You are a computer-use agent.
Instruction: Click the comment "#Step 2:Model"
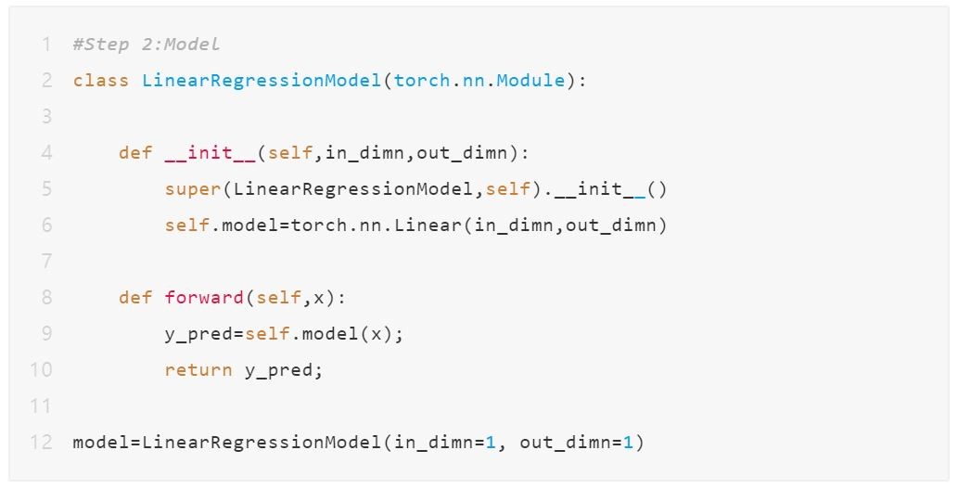[146, 45]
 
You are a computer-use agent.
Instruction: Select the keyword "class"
[101, 81]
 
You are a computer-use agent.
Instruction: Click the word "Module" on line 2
[530, 81]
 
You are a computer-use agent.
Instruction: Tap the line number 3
[47, 117]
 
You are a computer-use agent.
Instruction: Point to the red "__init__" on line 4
[211, 153]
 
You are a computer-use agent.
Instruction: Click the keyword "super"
[193, 189]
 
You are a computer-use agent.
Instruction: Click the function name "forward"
[204, 298]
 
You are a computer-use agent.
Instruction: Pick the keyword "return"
[198, 370]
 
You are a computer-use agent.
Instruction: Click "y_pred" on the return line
[279, 371]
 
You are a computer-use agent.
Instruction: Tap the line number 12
[42, 443]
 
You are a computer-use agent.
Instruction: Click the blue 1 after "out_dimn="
[628, 443]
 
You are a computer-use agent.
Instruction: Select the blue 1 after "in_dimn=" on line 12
[491, 443]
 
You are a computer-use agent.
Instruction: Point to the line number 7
[47, 262]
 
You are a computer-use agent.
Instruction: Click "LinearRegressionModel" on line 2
[262, 81]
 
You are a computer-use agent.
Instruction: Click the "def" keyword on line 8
[135, 298]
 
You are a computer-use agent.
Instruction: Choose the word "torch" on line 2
[422, 81]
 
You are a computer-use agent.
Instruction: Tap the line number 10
[42, 370]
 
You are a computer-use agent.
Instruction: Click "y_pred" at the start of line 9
[198, 335]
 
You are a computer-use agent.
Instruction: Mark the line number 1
[47, 45]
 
